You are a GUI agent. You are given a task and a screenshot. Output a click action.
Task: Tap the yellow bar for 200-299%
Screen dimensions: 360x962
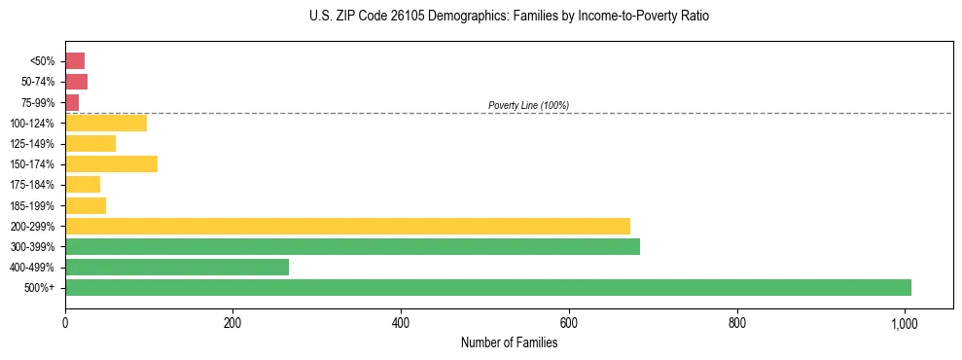pyautogui.click(x=347, y=226)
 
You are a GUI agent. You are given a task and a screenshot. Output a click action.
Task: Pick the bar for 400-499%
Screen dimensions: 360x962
pyautogui.click(x=177, y=267)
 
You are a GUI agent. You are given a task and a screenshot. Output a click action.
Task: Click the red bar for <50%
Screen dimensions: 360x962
pyautogui.click(x=75, y=60)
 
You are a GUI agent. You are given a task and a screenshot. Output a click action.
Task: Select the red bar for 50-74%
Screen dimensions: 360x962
pyautogui.click(x=76, y=82)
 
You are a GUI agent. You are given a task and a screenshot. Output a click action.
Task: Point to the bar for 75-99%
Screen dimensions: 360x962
pyautogui.click(x=72, y=102)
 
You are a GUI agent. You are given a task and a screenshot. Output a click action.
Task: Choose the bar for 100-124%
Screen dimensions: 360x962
pyautogui.click(x=106, y=123)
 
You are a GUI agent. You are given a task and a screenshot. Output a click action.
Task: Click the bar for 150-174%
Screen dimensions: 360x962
pyautogui.click(x=111, y=163)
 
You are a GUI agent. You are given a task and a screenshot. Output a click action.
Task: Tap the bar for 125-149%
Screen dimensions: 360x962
pyautogui.click(x=90, y=143)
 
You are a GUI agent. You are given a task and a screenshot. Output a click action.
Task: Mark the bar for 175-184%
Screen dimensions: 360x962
pyautogui.click(x=83, y=184)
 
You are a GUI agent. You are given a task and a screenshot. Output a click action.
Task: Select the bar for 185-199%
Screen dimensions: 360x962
pyautogui.click(x=86, y=205)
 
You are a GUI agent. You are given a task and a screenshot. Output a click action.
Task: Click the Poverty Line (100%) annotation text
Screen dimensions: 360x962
pyautogui.click(x=528, y=105)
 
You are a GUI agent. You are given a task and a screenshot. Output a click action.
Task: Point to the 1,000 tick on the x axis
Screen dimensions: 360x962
pyautogui.click(x=905, y=322)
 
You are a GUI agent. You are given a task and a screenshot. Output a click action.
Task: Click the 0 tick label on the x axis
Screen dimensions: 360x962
pyautogui.click(x=65, y=322)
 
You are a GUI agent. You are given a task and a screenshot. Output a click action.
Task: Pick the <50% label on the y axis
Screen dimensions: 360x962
pyautogui.click(x=44, y=61)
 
